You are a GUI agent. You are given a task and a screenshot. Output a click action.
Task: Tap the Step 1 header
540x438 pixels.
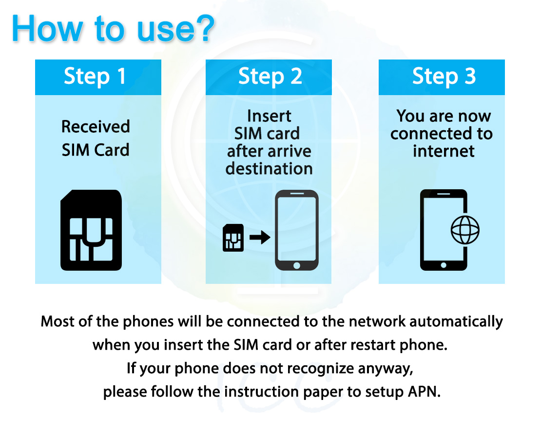pyautogui.click(x=95, y=77)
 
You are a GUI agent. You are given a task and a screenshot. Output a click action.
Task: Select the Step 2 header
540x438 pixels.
pyautogui.click(x=270, y=77)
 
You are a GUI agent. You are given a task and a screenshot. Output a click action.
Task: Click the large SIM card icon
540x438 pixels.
pyautogui.click(x=91, y=230)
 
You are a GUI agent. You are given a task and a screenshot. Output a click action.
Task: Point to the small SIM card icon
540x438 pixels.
pyautogui.click(x=233, y=238)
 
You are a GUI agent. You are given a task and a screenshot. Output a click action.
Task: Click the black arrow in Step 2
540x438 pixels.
pyautogui.click(x=260, y=238)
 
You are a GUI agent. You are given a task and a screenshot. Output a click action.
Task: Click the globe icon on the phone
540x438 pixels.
pyautogui.click(x=465, y=230)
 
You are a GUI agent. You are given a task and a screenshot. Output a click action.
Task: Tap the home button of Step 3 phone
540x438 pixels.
pyautogui.click(x=444, y=265)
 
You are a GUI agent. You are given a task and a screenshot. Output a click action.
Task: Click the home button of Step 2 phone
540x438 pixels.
pyautogui.click(x=296, y=265)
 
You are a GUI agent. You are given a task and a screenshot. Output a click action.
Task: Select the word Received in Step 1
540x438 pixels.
pyautogui.click(x=96, y=127)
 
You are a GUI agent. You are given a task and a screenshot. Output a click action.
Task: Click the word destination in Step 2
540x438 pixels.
pyautogui.click(x=269, y=169)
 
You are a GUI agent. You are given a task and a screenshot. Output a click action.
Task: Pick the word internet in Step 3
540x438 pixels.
pyautogui.click(x=444, y=151)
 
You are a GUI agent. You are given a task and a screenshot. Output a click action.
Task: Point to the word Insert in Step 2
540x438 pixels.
pyautogui.click(x=269, y=116)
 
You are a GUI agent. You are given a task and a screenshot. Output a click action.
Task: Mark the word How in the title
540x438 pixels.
pyautogui.click(x=47, y=28)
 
